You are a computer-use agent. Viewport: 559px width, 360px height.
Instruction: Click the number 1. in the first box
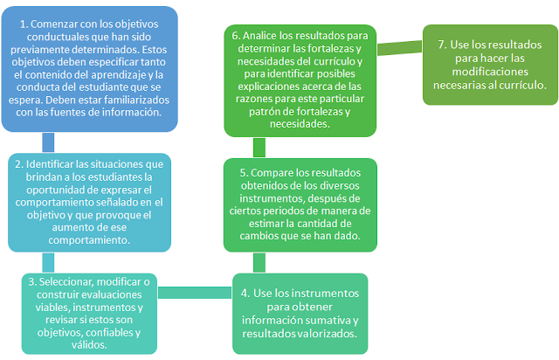click(x=24, y=23)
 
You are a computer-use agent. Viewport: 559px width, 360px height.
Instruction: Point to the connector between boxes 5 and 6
click(x=259, y=147)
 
